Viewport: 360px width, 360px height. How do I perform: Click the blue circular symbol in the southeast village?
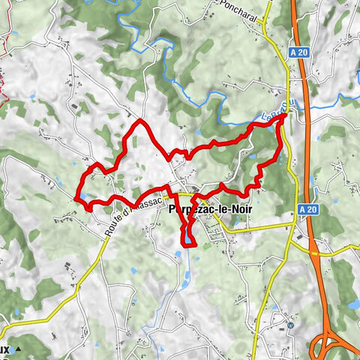tap(289, 325)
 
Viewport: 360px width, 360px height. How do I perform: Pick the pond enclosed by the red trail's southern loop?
tap(184, 239)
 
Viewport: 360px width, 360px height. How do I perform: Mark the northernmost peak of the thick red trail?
tap(140, 119)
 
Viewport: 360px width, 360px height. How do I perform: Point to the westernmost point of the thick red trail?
tap(76, 197)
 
